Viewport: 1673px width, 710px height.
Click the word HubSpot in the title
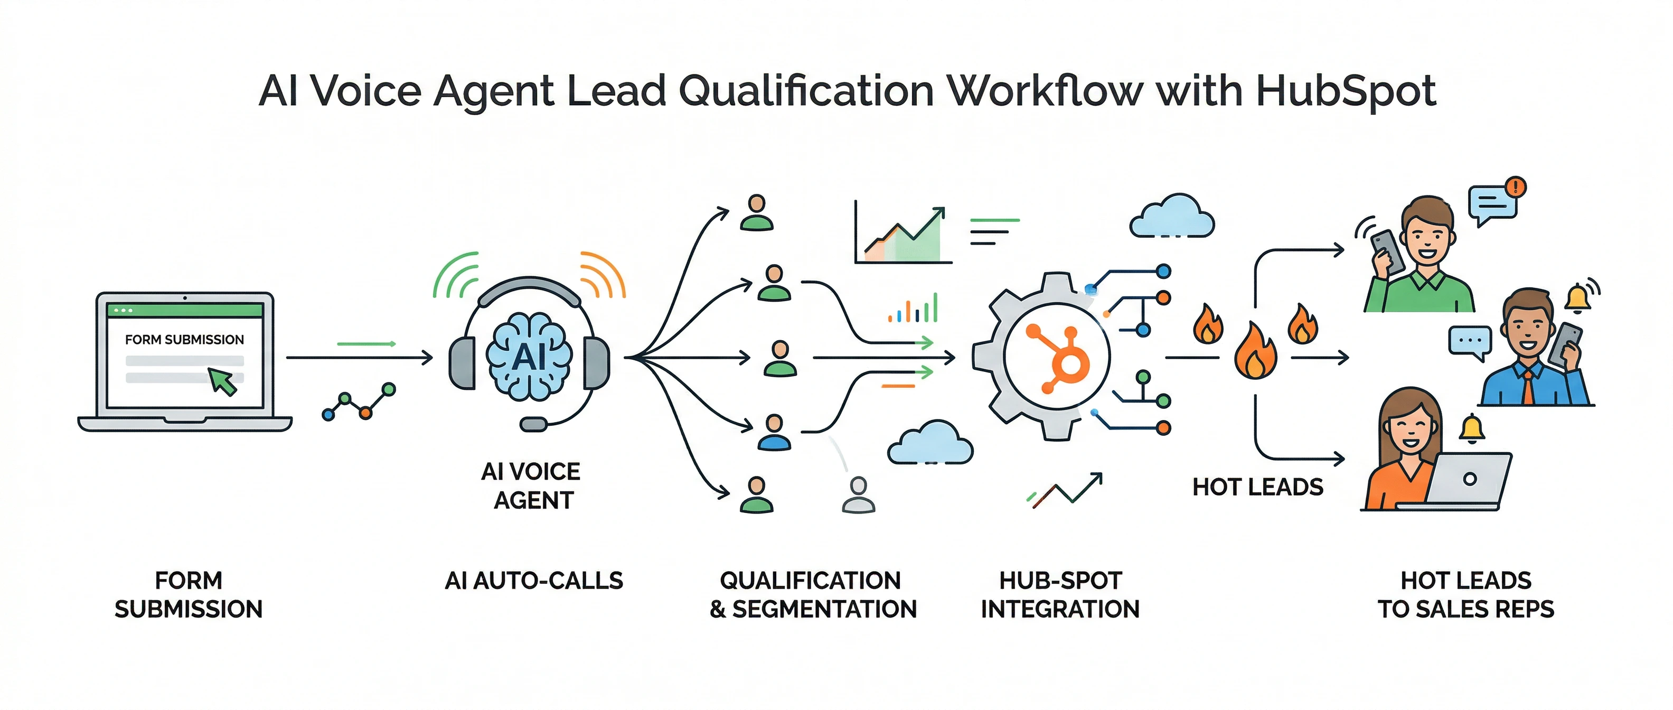click(x=1345, y=91)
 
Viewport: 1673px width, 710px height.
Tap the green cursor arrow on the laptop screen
click(x=223, y=381)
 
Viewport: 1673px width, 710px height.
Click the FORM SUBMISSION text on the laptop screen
click(x=184, y=340)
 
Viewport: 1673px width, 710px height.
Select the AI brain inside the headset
click(x=529, y=356)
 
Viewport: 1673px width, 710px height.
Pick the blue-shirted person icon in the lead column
click(x=774, y=433)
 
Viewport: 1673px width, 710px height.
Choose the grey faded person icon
click(x=858, y=495)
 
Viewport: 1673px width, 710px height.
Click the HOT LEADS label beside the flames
click(x=1257, y=487)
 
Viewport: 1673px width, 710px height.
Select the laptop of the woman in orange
click(x=1469, y=481)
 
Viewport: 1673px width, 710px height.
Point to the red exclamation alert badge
click(x=1516, y=187)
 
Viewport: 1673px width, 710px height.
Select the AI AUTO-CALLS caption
click(x=534, y=580)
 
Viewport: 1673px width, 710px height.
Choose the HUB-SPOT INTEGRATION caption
click(x=1060, y=594)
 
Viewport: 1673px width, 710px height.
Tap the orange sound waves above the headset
click(x=602, y=274)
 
